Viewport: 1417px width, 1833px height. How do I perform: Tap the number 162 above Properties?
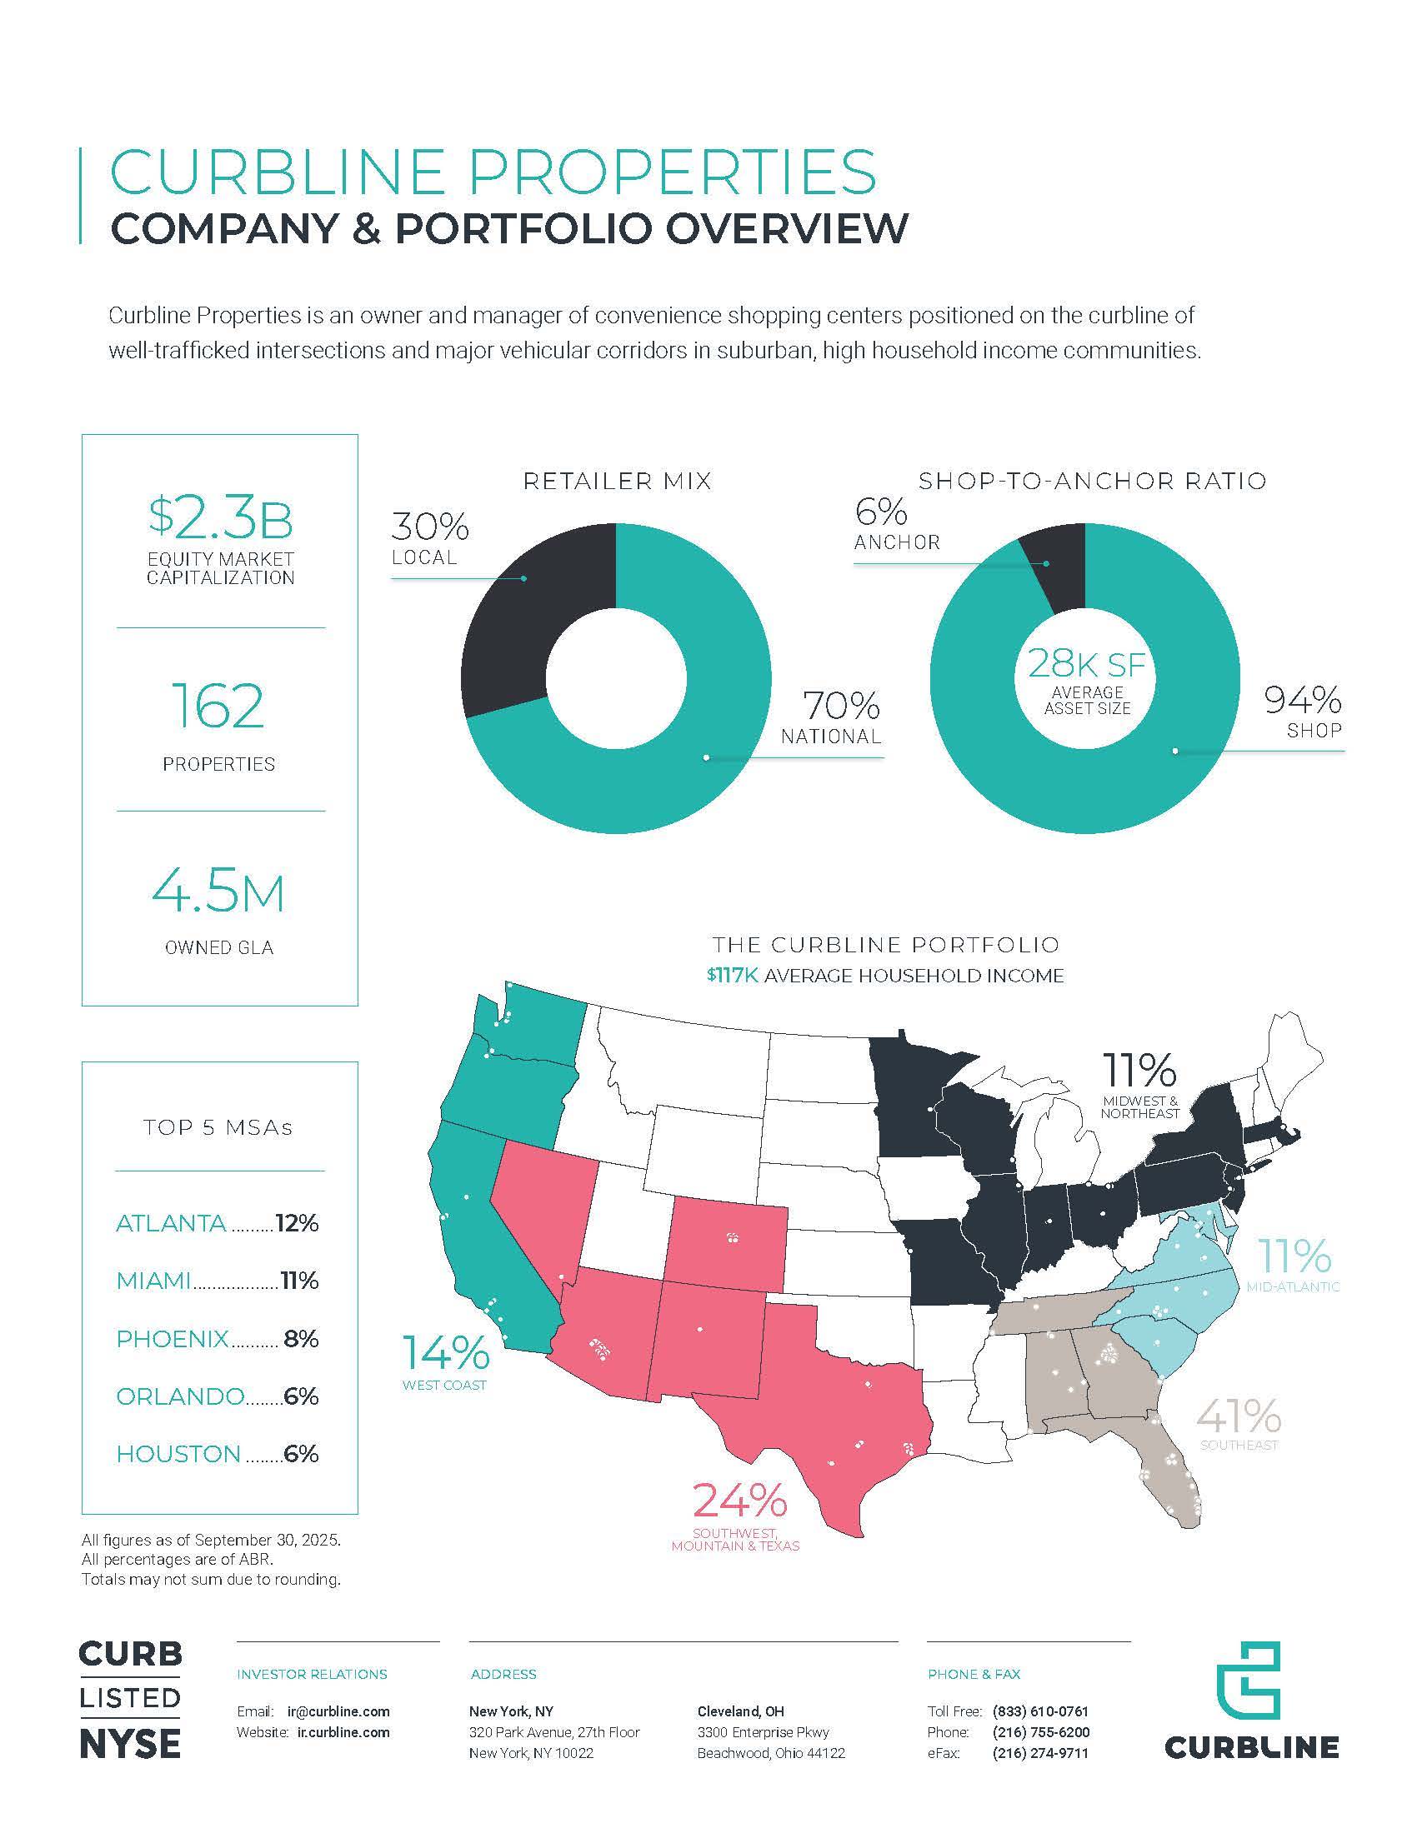coord(218,706)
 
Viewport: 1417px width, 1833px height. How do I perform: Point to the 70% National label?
coord(831,718)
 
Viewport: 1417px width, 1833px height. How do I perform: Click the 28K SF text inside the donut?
coord(1087,665)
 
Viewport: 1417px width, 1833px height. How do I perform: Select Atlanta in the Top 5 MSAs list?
coord(171,1223)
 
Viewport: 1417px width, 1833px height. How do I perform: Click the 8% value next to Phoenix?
coord(302,1339)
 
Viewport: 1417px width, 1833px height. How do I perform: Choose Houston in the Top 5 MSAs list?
coord(178,1455)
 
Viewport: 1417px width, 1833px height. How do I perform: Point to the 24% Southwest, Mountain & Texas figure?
coord(739,1501)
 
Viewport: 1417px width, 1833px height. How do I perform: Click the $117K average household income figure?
coord(732,976)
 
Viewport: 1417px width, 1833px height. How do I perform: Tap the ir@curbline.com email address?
coord(338,1711)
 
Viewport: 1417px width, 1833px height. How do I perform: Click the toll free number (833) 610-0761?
coord(1040,1711)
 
